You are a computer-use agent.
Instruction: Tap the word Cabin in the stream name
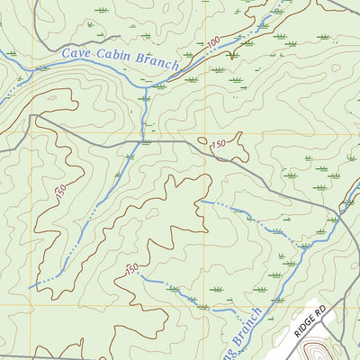click(114, 59)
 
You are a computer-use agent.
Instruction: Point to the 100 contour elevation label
click(212, 43)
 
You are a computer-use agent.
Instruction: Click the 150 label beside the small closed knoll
click(217, 144)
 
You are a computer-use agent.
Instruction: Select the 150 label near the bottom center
click(132, 269)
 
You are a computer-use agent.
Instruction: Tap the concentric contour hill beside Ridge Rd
click(316, 350)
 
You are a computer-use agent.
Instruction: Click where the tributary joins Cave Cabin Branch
click(144, 87)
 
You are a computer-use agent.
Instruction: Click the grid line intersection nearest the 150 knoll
click(202, 133)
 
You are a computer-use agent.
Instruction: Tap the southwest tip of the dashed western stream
click(30, 287)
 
